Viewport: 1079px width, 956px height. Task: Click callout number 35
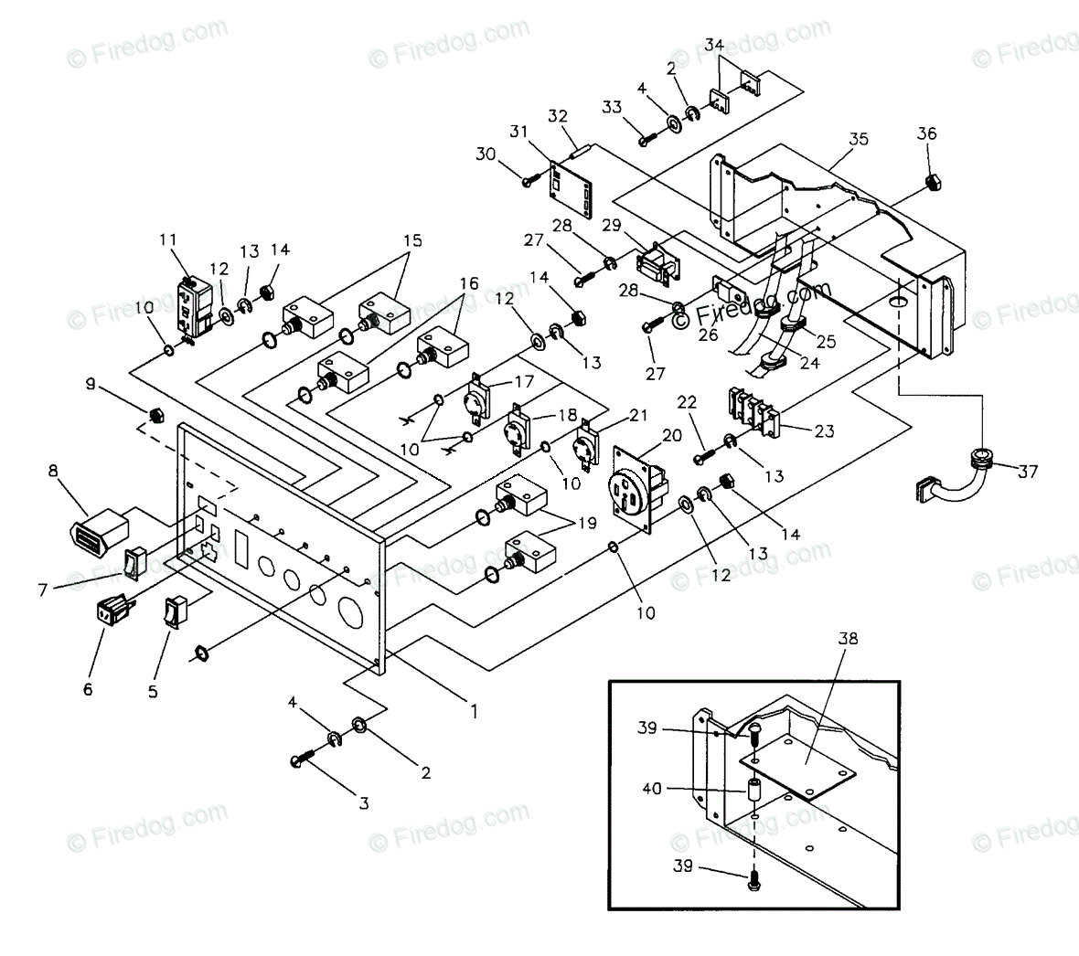pyautogui.click(x=859, y=140)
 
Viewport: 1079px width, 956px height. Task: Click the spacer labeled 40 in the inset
pyautogui.click(x=755, y=791)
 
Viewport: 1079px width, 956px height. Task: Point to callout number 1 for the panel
pyautogui.click(x=473, y=708)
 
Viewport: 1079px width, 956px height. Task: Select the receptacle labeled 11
pyautogui.click(x=193, y=309)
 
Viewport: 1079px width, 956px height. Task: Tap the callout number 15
pyautogui.click(x=411, y=242)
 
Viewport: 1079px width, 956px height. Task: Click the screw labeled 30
pyautogui.click(x=529, y=182)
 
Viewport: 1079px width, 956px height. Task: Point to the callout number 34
pyautogui.click(x=715, y=45)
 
